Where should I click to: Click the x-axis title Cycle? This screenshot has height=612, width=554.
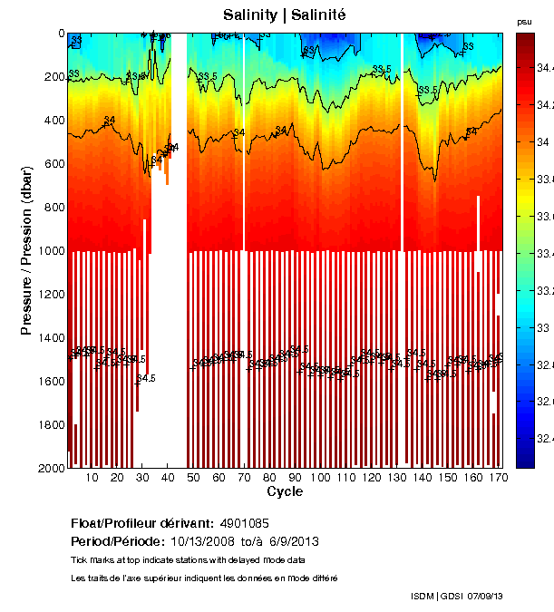[284, 491]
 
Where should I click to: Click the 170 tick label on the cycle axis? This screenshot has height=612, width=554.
[496, 478]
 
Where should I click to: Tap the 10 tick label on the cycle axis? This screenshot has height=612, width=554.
[92, 478]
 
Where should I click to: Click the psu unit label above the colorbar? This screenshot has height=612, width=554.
[524, 21]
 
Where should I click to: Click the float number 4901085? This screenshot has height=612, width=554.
[244, 524]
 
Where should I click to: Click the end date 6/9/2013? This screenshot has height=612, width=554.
[293, 541]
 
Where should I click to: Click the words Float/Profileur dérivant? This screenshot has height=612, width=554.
[141, 524]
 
